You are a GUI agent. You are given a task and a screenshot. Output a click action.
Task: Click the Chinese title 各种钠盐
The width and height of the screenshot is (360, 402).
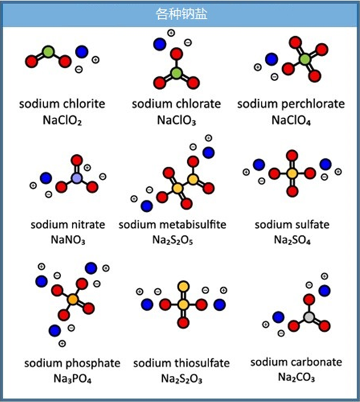point(181,13)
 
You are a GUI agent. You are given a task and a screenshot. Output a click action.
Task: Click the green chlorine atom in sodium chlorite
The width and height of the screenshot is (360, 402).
point(48,52)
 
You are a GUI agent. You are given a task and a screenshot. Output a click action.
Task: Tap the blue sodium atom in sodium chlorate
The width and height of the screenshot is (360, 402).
point(160,44)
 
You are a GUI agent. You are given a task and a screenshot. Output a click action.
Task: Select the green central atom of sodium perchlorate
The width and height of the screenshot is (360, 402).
point(305,60)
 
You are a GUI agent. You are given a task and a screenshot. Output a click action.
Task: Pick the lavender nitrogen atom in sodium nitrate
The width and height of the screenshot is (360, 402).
point(76,178)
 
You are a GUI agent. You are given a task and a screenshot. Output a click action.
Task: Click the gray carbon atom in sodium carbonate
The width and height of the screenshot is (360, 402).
point(309,317)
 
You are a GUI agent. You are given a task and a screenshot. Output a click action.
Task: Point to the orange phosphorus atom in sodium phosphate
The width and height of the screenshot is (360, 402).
point(73,299)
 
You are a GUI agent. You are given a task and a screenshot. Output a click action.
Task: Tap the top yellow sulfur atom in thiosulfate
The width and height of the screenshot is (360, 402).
point(184,287)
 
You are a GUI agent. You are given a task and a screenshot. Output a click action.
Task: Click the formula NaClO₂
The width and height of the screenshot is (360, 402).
point(62,120)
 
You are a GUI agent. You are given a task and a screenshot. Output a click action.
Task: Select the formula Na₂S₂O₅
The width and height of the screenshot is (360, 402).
point(172,241)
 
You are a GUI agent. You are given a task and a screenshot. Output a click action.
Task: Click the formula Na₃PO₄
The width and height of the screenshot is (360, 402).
point(72,379)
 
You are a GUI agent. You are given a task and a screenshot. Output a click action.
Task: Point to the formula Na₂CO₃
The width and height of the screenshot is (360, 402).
point(296,377)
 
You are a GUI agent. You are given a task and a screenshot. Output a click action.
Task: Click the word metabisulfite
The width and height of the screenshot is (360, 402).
point(193,224)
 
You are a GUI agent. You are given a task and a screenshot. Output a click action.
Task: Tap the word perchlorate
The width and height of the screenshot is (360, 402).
point(313,104)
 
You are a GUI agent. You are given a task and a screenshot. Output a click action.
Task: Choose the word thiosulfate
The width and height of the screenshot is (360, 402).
point(202,363)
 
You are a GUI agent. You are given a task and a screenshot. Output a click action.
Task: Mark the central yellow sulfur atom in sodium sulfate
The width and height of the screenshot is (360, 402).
point(292,174)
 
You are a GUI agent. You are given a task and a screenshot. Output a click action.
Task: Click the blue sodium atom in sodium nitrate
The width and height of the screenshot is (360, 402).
point(46,178)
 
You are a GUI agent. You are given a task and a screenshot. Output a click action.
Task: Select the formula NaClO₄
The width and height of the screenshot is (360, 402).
point(291,120)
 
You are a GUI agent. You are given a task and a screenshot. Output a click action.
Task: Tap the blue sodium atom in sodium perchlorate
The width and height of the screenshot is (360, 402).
point(272,59)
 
